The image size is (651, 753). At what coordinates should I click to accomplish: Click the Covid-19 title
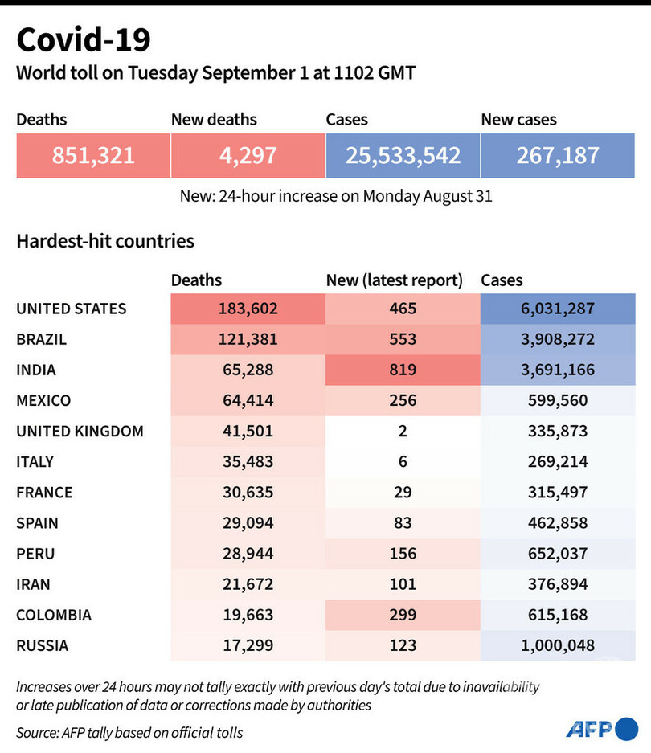coord(83,39)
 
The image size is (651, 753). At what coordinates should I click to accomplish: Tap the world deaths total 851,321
coord(93,154)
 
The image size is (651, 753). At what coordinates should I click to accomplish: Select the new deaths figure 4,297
coord(248,154)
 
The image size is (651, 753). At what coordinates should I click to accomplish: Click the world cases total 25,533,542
coord(403,154)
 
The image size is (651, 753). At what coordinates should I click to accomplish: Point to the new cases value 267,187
coord(557,154)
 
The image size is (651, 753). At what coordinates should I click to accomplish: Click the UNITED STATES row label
coord(72,309)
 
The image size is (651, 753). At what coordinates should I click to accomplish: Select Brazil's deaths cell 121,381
coord(248,339)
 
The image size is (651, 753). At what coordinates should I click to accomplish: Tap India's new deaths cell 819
coord(403,370)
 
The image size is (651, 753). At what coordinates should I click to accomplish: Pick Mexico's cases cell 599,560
coord(557,400)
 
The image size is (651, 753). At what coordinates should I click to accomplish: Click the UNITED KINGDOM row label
coord(80,431)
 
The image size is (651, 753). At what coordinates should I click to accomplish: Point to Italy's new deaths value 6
coord(403,461)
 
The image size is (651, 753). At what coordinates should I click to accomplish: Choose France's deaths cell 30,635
coord(248,492)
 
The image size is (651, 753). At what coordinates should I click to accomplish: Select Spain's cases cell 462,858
coord(557,522)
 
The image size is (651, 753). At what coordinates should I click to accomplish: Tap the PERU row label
coord(36,554)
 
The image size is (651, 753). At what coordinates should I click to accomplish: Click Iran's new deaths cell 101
coord(403,584)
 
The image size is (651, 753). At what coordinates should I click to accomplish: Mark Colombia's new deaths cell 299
coord(403,615)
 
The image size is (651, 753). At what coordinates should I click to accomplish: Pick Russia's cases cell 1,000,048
coord(557,645)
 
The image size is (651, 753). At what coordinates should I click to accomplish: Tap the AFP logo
coord(600,729)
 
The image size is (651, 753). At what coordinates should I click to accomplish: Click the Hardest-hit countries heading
coord(105,240)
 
